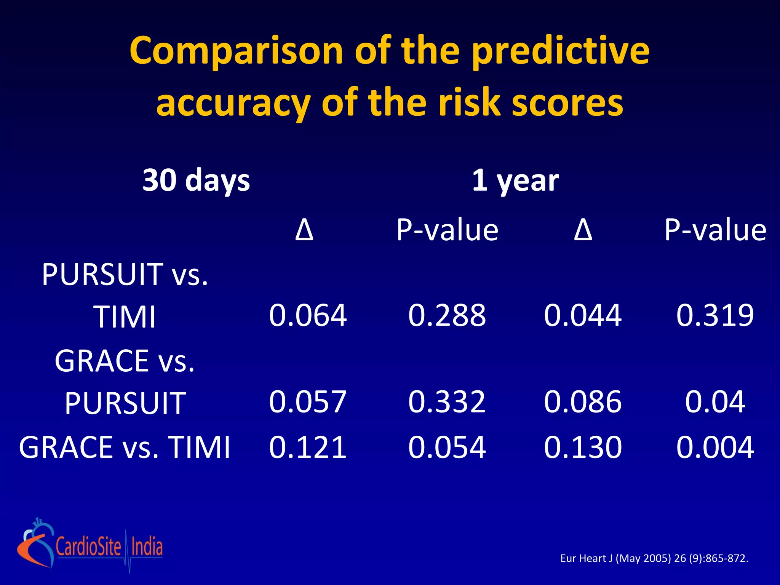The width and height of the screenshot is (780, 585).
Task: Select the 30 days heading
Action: click(x=196, y=180)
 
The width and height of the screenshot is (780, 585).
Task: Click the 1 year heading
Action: click(x=515, y=180)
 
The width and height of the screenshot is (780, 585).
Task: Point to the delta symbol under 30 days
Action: click(x=304, y=230)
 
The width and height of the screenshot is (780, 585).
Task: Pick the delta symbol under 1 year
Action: click(x=583, y=230)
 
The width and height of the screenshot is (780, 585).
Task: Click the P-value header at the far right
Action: click(x=715, y=230)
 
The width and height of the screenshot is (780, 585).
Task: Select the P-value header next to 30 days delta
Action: click(x=447, y=230)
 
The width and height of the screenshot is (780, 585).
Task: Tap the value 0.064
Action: click(x=308, y=315)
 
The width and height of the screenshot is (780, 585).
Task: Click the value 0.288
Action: click(x=447, y=315)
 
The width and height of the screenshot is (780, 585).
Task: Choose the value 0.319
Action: click(x=715, y=315)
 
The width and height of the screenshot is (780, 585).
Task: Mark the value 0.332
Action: click(x=447, y=401)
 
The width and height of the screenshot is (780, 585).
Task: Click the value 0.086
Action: click(x=583, y=401)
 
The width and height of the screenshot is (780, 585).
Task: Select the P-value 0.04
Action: click(x=715, y=401)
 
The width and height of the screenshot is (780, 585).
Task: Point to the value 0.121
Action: click(x=308, y=447)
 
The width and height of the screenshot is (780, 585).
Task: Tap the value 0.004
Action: click(x=715, y=447)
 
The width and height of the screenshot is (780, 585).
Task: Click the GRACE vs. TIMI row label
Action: click(x=125, y=447)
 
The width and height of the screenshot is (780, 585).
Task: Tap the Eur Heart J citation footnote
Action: click(x=654, y=558)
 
